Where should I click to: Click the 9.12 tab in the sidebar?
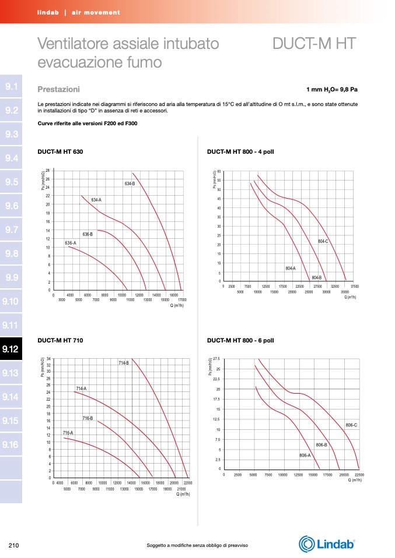coord(11,349)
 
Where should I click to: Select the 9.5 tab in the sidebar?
coord(11,182)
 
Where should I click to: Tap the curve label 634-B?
coord(130,184)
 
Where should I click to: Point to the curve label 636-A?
coord(71,242)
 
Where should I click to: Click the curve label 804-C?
coord(323,241)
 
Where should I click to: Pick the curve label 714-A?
coord(81,388)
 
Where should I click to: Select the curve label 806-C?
coord(351,425)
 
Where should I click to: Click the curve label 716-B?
coord(88,418)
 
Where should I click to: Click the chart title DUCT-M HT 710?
coord(61,340)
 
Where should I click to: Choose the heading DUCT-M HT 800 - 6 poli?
coord(240,340)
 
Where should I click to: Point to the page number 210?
coord(15,545)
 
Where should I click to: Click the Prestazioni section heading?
coord(58,90)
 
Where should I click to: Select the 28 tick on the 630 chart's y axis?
coord(47,170)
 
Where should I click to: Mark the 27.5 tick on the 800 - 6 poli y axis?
coord(216,359)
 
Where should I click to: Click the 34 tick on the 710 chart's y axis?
coord(48,359)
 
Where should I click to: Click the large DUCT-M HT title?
coord(314,44)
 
